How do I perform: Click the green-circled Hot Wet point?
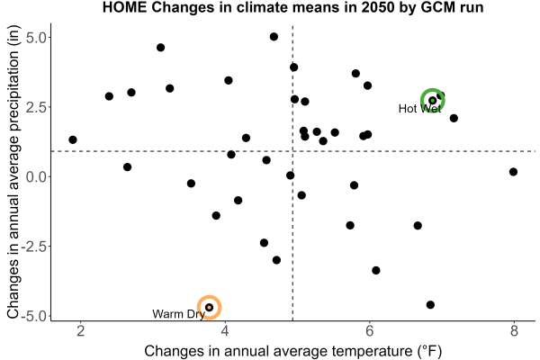[433, 100]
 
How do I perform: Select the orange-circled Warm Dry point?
[209, 307]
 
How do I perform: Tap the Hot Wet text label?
[419, 109]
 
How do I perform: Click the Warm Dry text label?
[178, 314]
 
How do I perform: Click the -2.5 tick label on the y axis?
[34, 247]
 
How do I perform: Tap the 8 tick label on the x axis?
[514, 331]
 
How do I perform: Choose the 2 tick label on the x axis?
[80, 331]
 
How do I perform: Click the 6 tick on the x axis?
[369, 331]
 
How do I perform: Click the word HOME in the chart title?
[125, 7]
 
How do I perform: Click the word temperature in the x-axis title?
[372, 351]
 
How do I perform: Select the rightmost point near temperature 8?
[513, 172]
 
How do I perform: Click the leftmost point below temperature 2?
[73, 139]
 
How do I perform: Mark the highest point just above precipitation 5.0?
[274, 37]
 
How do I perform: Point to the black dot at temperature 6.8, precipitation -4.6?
[430, 305]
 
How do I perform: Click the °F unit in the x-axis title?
[429, 351]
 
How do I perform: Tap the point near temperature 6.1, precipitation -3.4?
[376, 270]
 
